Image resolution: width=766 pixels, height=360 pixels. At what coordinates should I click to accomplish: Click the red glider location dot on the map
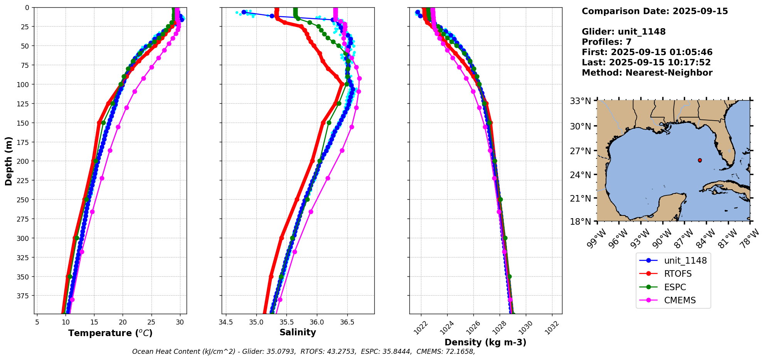coord(700,160)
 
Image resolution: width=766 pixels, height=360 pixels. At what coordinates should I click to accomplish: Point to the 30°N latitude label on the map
coord(580,126)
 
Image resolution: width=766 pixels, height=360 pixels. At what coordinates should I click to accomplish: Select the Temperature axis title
coord(110,333)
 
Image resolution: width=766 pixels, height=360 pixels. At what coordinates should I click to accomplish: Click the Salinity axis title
coord(298,333)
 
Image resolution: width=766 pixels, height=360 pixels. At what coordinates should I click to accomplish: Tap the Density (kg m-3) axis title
coord(485,342)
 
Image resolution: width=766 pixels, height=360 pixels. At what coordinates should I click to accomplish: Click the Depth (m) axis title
coord(8,161)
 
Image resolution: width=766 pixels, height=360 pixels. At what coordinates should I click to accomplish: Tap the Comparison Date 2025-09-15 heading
coord(655,12)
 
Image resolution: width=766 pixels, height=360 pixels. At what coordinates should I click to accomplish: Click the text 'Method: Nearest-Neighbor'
coord(647,73)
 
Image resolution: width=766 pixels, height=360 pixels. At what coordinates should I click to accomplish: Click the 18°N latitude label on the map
coord(580,222)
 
